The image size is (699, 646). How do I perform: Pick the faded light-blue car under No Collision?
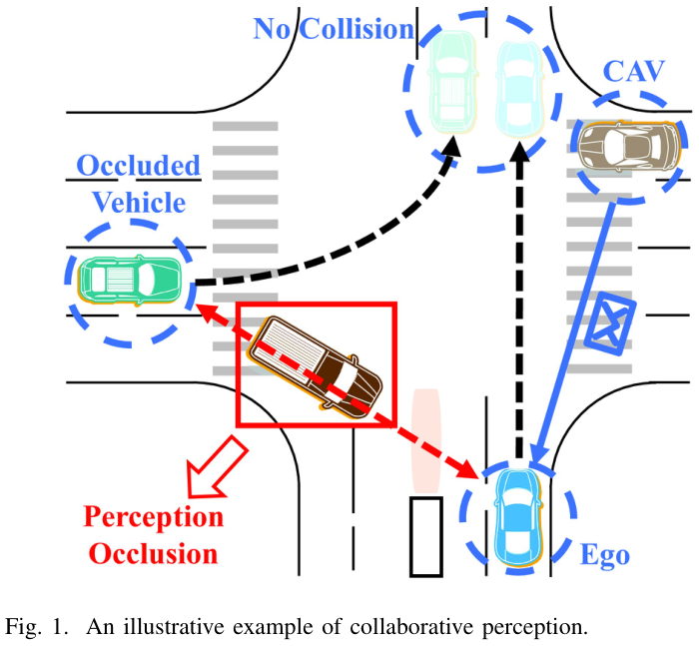click(517, 85)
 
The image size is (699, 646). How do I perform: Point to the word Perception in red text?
click(153, 517)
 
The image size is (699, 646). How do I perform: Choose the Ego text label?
click(605, 553)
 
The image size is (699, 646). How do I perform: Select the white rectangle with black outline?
click(425, 536)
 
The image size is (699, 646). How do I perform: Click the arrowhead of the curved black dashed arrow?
click(451, 146)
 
